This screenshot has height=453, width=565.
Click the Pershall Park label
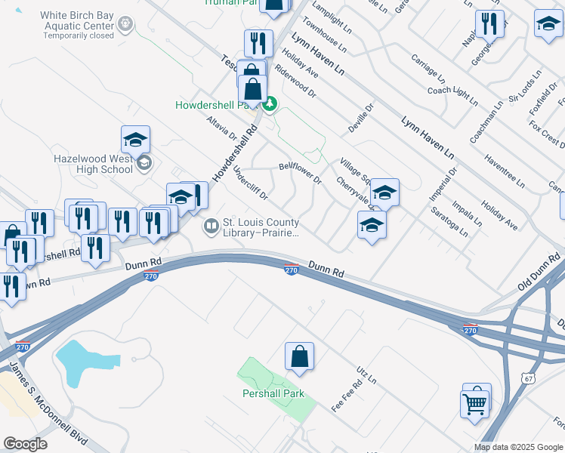(273, 393)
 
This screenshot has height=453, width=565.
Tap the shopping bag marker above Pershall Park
(299, 356)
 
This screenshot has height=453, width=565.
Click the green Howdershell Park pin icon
(270, 104)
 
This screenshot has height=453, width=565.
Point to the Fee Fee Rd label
(347, 395)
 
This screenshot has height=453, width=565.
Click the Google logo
(25, 444)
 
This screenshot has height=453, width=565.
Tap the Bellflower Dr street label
(300, 171)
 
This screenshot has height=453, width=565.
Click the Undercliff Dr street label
(251, 183)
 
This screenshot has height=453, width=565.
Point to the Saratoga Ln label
(449, 222)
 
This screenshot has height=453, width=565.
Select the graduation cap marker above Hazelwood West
(135, 140)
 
